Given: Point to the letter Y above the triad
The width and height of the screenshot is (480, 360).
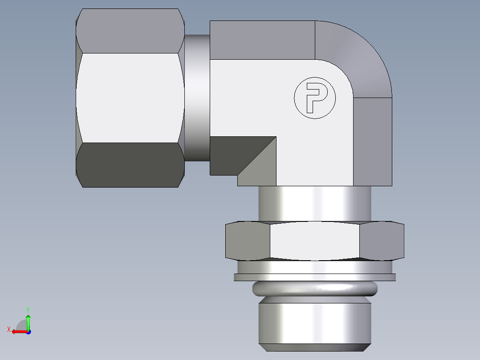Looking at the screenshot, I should pos(28,309).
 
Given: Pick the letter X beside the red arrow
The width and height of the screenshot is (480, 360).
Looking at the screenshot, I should pos(8,329).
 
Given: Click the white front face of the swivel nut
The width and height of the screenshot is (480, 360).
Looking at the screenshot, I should pos(130,98).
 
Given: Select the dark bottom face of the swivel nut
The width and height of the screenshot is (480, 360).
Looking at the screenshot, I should pos(130,165).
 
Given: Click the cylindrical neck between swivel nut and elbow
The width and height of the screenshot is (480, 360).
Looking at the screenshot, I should pos(197,98).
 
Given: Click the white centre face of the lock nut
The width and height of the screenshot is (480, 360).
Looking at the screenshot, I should pos(314,241).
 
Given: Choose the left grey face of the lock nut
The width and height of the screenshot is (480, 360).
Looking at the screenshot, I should pos(248,241).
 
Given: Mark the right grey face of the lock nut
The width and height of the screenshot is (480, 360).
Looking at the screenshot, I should pos(381,241).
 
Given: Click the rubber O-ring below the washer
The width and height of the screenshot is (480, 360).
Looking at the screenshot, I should pos(314,289).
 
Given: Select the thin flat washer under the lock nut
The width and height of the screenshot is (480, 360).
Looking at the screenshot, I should pos(314,277).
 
